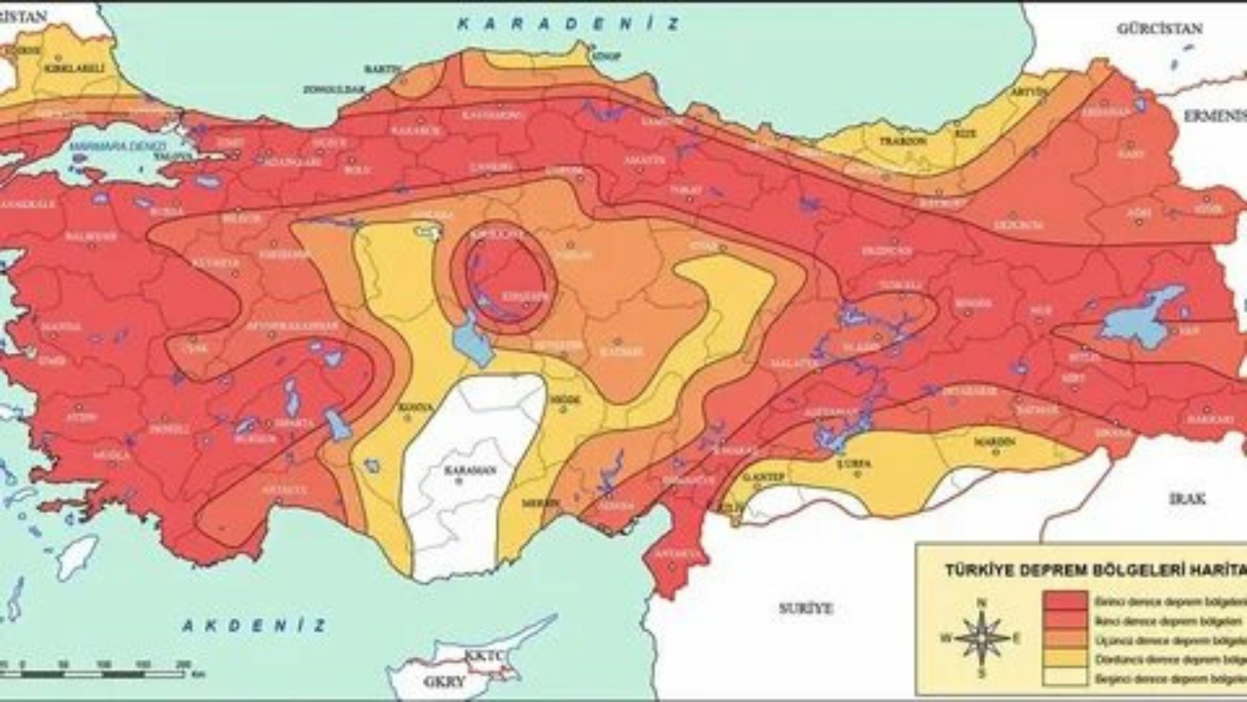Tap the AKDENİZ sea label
click(252, 625)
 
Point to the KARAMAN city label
click(472, 470)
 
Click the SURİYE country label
click(806, 607)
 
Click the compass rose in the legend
click(982, 639)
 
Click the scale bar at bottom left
click(97, 673)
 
